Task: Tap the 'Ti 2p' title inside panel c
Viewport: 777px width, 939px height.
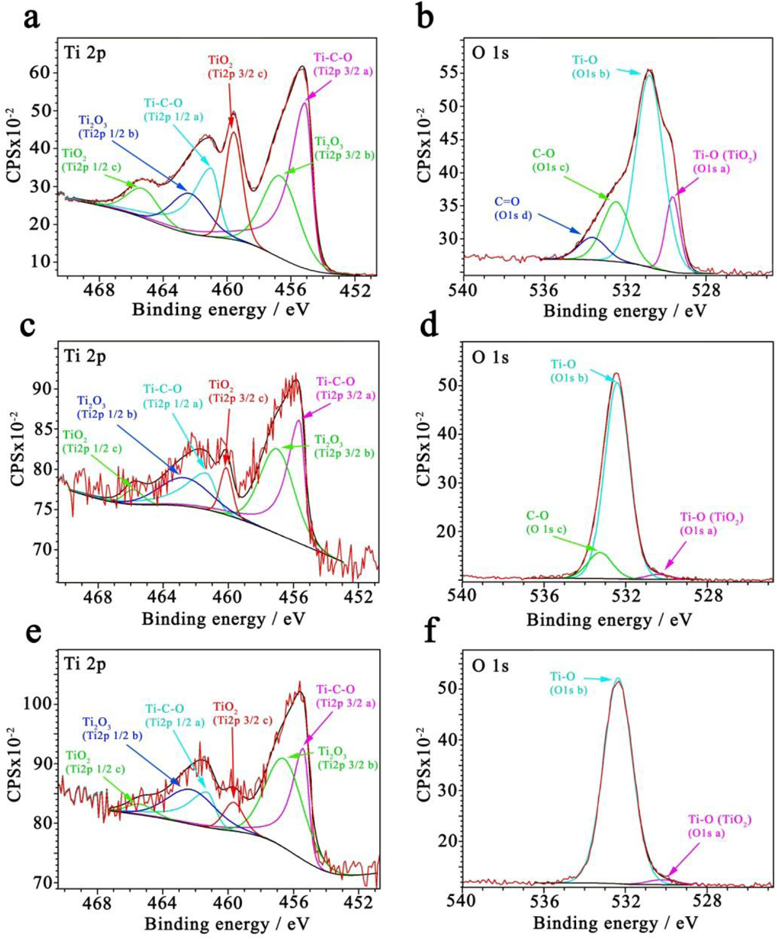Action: coord(85,356)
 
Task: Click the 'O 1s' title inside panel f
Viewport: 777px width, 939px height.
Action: coord(490,666)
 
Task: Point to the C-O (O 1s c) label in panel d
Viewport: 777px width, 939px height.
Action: coord(546,523)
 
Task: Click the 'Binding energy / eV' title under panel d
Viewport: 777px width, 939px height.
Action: coord(609,619)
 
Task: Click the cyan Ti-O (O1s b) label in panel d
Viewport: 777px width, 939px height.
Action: coord(569,371)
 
